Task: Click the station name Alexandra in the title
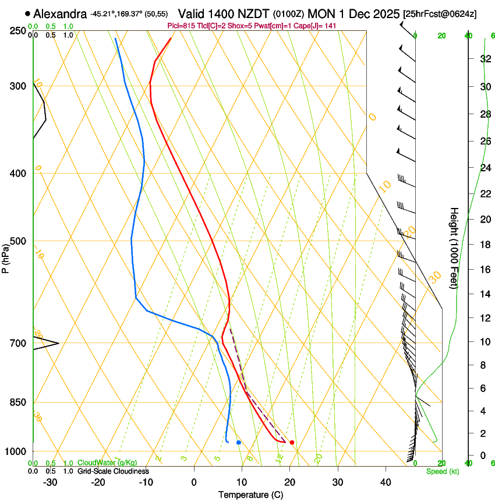pos(60,13)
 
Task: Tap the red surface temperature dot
pos(292,442)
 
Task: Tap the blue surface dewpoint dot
pos(239,442)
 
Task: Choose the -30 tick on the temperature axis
pos(50,482)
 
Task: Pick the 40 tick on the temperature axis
pos(385,482)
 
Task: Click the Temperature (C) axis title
pos(250,495)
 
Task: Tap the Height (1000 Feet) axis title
pos(455,248)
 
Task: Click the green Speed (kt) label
pos(442,471)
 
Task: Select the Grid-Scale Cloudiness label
pos(113,471)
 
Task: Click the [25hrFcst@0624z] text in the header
pos(440,13)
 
